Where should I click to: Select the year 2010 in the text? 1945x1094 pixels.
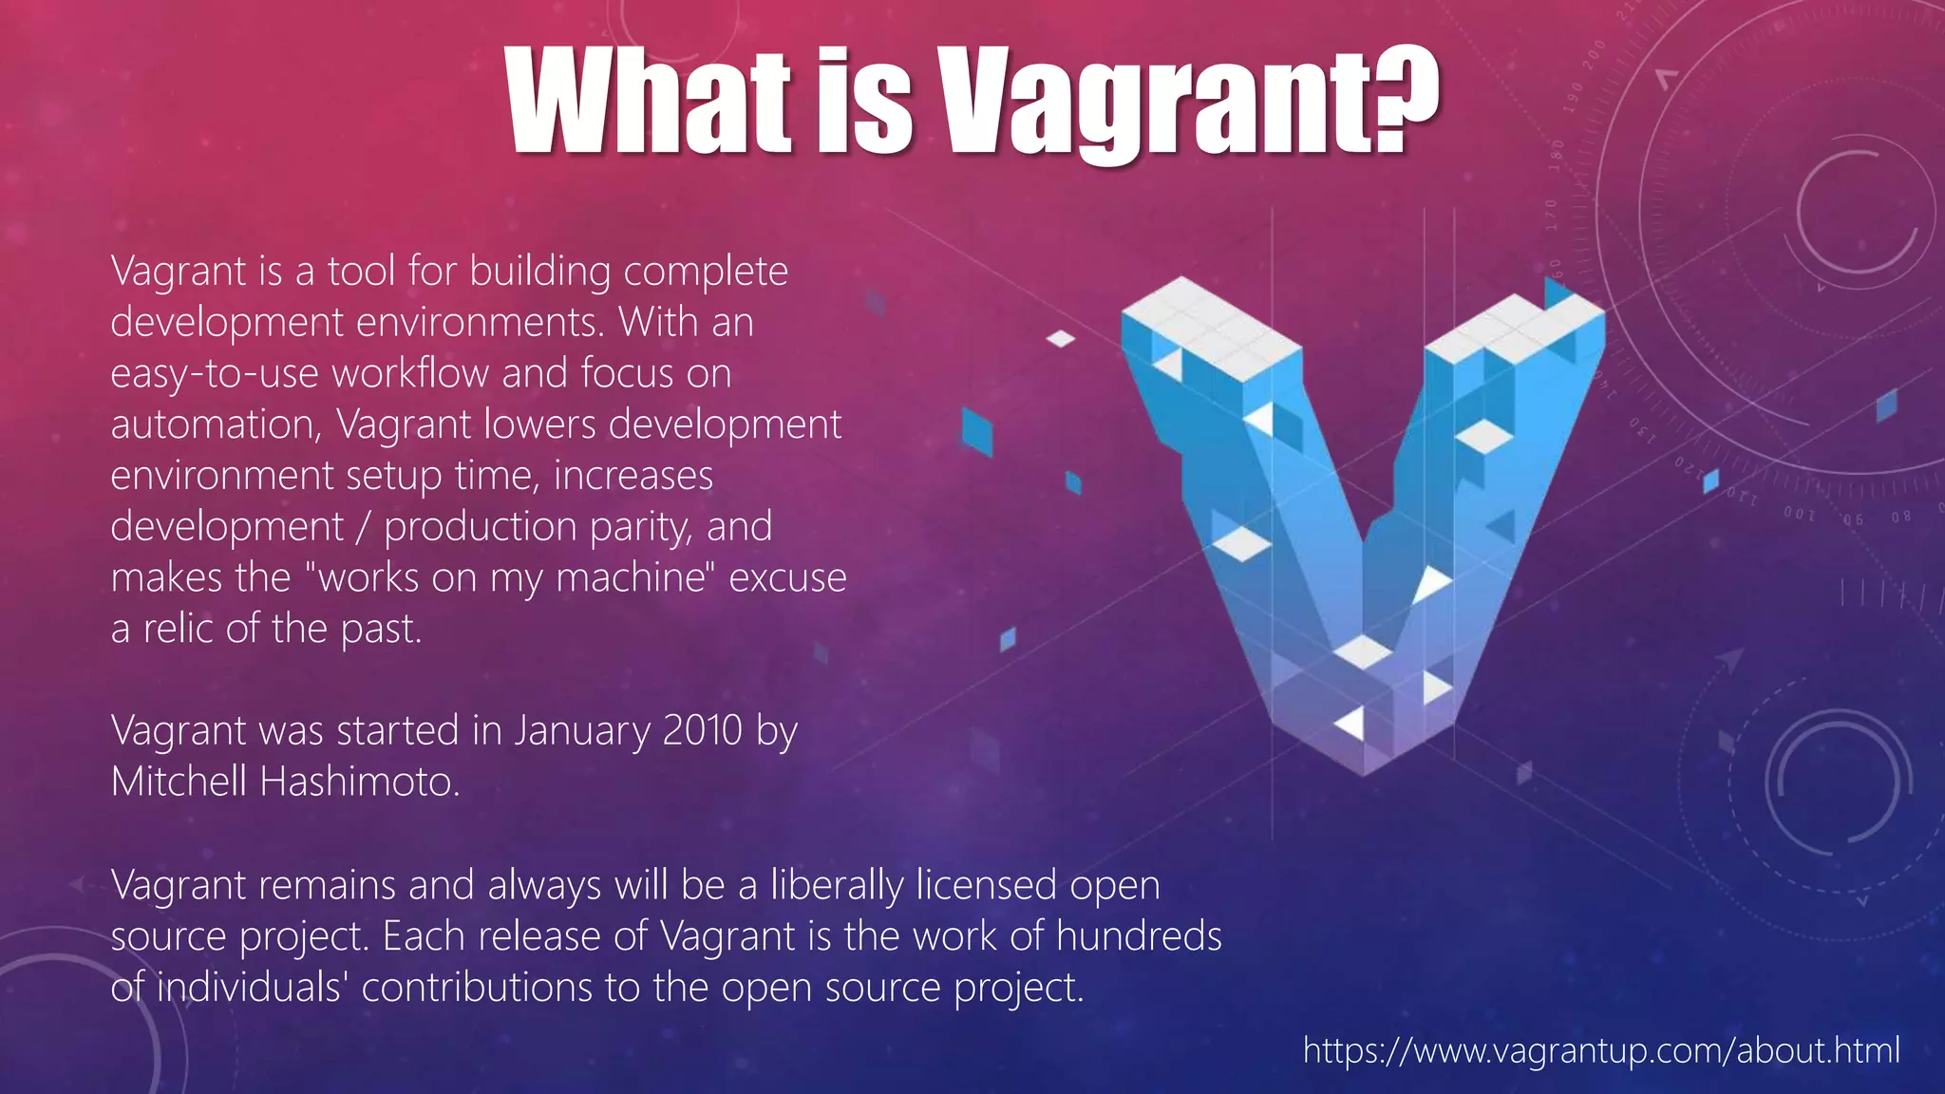coord(702,731)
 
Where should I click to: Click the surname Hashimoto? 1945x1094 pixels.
coord(359,783)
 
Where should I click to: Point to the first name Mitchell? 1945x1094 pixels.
coord(179,783)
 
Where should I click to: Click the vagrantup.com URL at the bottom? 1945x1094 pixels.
coord(1601,1050)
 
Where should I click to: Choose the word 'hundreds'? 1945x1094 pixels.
coord(1139,936)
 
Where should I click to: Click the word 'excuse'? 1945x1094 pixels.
coord(787,578)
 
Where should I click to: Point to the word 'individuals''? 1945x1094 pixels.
coord(251,988)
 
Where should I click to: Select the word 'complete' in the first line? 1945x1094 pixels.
coord(706,272)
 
